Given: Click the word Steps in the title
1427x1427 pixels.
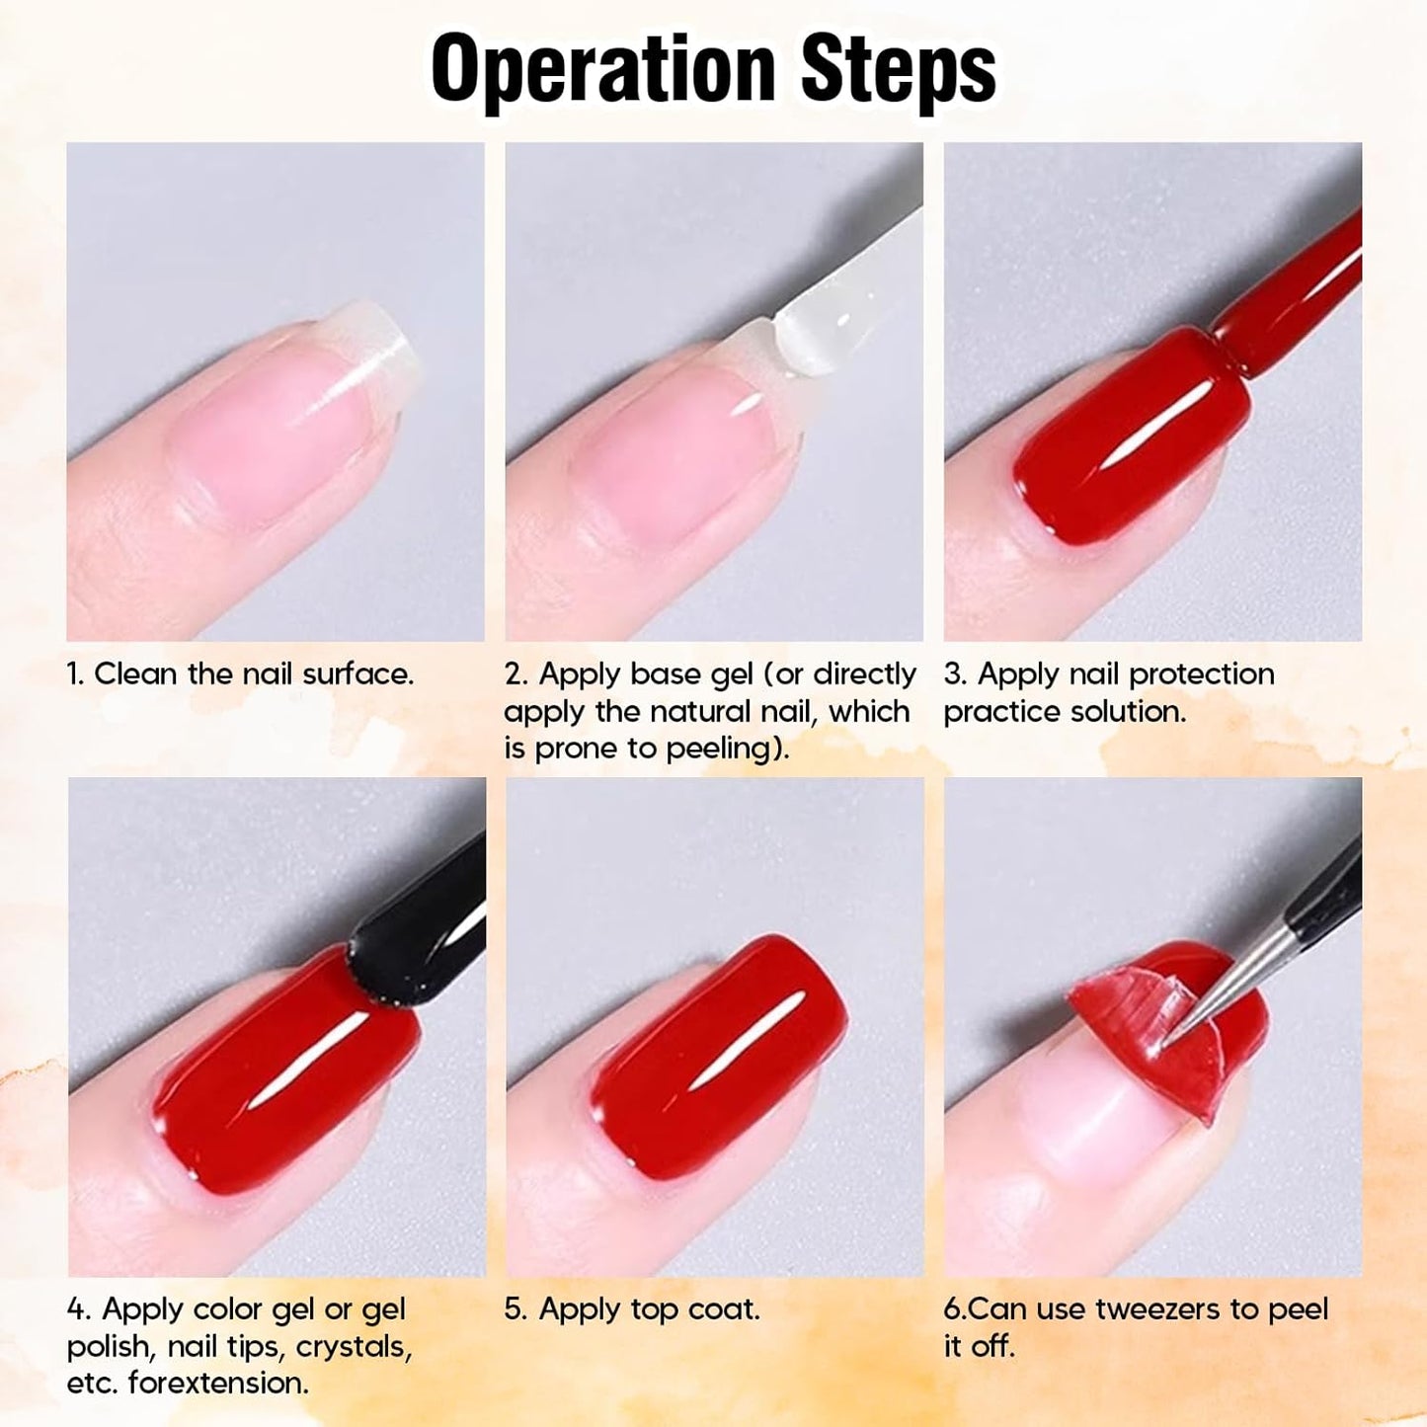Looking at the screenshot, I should (x=898, y=69).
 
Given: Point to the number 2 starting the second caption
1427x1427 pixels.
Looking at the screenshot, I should (x=514, y=674).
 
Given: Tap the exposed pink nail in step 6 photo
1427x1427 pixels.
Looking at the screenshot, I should (x=1086, y=1116).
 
